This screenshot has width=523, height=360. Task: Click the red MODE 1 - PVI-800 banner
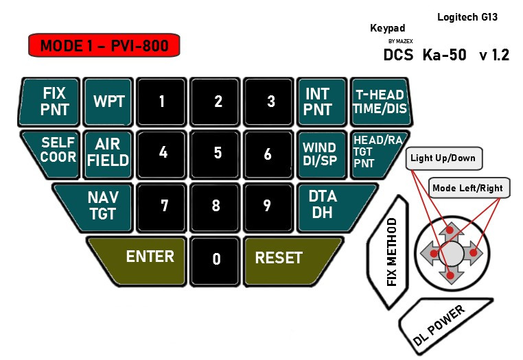(103, 46)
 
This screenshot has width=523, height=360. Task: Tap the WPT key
(108, 101)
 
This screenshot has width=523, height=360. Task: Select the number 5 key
(218, 152)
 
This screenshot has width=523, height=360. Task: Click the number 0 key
(216, 259)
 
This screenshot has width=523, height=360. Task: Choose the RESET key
(288, 259)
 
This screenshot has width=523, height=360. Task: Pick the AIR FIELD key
(108, 152)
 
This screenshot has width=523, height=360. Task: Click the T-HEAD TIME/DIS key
(379, 101)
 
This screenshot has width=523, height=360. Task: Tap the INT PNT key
(318, 101)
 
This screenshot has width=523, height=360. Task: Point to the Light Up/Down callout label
(442, 158)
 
